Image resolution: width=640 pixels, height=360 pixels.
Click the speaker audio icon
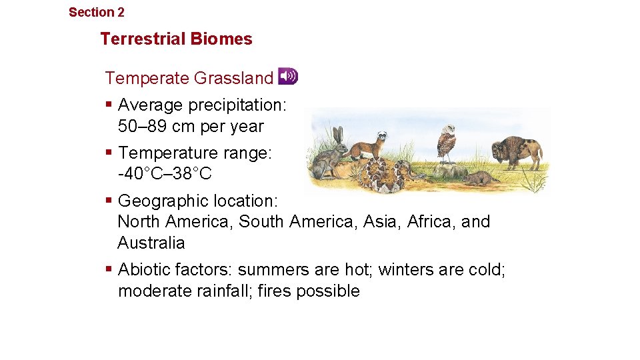coord(287,77)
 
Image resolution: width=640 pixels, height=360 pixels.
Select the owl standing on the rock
coord(446,143)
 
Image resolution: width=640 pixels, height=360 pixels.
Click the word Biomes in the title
coord(222,39)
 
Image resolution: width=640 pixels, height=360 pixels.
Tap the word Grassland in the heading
coord(233,78)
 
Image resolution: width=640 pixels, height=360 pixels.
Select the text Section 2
coord(96,12)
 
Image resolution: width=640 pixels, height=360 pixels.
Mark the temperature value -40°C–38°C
coord(164,174)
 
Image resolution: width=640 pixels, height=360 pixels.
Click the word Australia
coord(151,243)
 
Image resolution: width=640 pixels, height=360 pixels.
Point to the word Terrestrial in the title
coord(143,39)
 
